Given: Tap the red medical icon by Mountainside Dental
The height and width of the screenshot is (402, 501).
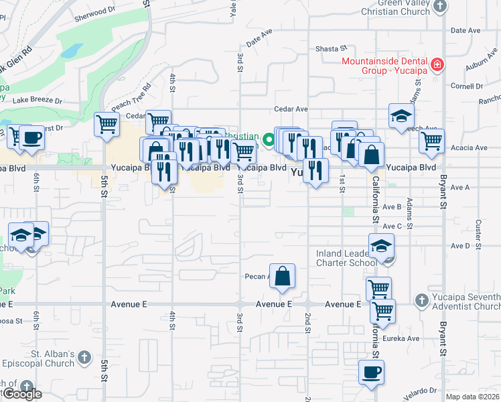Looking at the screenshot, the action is click(x=437, y=65).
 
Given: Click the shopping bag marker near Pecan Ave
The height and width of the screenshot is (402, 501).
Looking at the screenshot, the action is click(x=283, y=275).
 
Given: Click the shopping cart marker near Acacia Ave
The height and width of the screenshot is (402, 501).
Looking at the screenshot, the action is click(x=431, y=141).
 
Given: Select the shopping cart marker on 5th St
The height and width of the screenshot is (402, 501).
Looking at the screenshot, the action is click(x=107, y=124).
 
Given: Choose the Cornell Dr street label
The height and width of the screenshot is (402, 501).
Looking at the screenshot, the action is click(x=467, y=86).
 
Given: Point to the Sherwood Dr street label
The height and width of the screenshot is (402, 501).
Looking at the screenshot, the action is click(x=90, y=13).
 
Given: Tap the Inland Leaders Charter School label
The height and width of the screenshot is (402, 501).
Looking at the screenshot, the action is click(x=348, y=259).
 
